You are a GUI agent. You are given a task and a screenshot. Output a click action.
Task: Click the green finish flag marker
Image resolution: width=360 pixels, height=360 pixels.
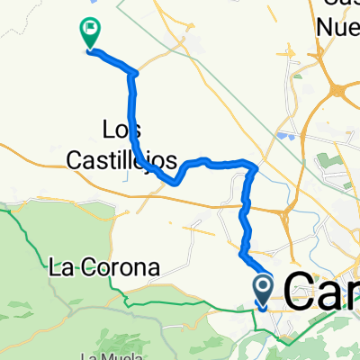pyautogui.click(x=91, y=33)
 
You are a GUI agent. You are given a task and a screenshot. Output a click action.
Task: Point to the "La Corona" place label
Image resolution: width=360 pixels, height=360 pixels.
pyautogui.click(x=104, y=267)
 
